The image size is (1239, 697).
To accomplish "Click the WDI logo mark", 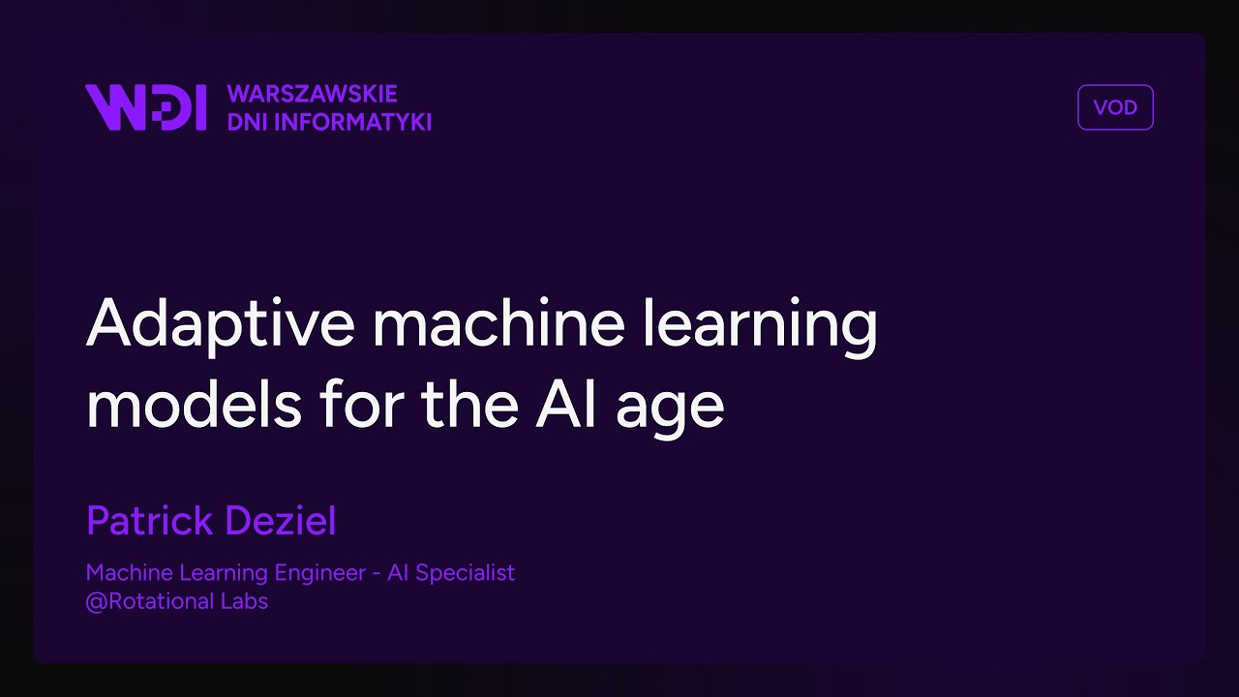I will tap(145, 107).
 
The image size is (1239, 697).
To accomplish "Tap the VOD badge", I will tap(1115, 107).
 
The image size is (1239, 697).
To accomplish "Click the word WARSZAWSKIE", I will tap(312, 94).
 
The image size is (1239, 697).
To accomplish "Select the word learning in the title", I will tap(757, 325).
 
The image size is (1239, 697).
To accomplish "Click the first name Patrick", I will tap(146, 521).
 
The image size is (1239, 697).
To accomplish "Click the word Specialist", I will tap(467, 573).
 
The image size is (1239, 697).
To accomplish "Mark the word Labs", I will tap(247, 601).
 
